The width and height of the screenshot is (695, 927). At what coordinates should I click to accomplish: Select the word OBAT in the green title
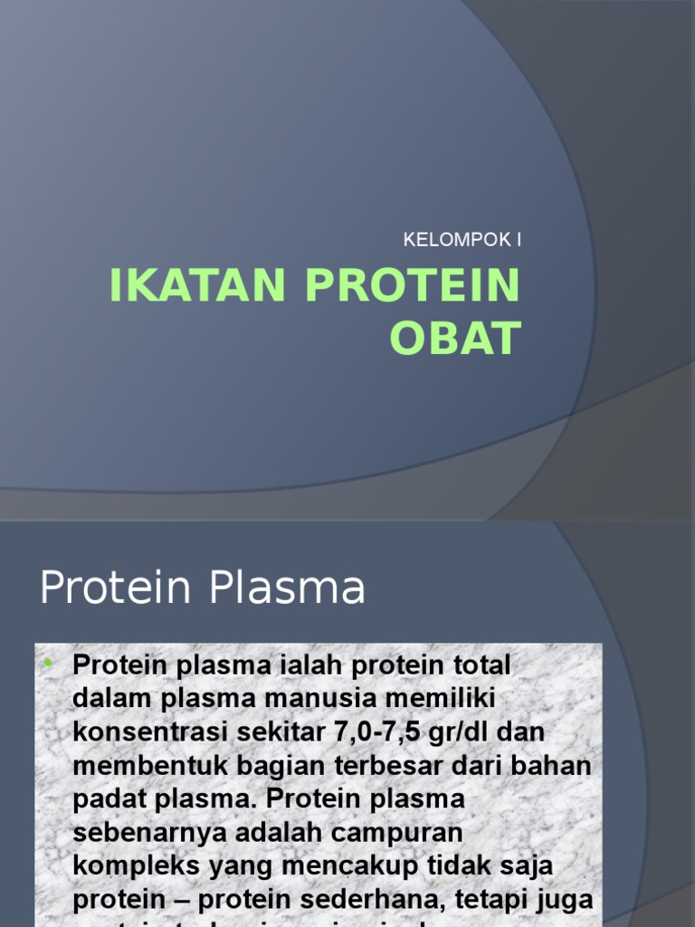[455, 338]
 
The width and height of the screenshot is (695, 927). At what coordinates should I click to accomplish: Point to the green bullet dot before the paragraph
[48, 665]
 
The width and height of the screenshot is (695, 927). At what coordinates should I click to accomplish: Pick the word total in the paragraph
[478, 665]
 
